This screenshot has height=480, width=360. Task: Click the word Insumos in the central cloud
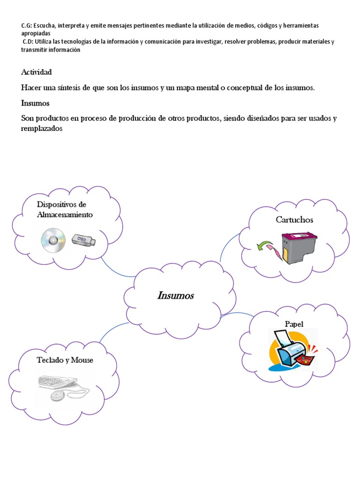(x=176, y=296)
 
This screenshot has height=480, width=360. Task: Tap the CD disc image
(x=52, y=240)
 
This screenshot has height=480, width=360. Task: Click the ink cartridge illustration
(x=299, y=247)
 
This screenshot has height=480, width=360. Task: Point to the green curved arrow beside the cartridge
(x=267, y=245)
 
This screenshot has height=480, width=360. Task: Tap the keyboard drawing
(x=56, y=382)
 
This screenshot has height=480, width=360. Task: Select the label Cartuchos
(x=294, y=219)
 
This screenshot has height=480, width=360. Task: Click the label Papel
(x=294, y=324)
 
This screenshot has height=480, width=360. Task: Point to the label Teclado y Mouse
(x=65, y=360)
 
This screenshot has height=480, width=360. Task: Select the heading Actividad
(x=36, y=72)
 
